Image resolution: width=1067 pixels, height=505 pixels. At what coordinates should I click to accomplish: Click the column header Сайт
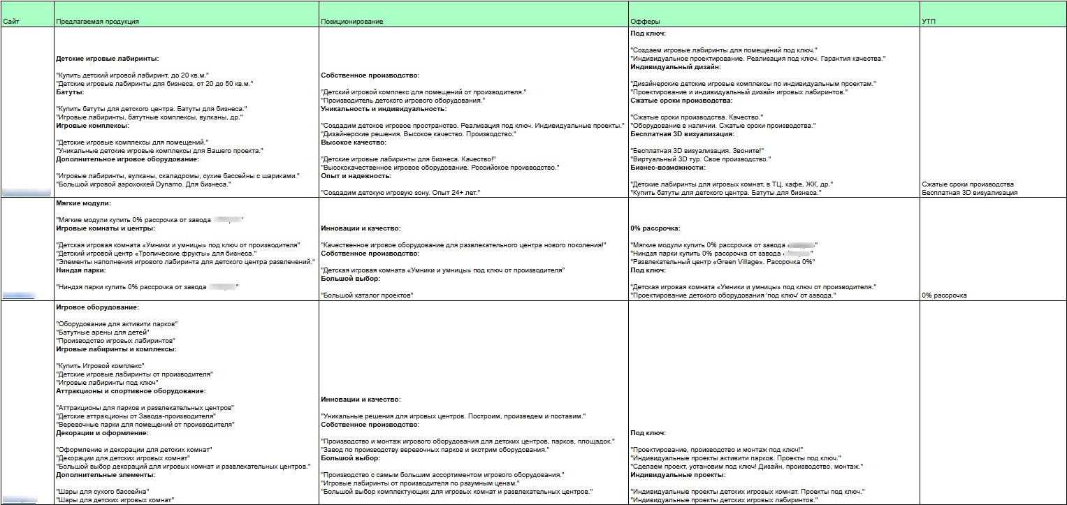10,22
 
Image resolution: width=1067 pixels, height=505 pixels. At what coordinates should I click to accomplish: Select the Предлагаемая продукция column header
97,22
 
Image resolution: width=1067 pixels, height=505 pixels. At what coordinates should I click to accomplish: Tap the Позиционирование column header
351,22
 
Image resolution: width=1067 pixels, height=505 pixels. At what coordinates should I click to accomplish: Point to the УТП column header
929,22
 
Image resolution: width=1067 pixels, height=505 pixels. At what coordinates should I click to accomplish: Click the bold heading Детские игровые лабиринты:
107,59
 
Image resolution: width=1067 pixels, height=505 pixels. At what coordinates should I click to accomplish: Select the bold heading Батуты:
70,92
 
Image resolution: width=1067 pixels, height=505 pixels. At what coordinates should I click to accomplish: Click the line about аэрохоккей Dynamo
143,184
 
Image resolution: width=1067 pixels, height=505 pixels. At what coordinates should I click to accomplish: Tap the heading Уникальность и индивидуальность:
383,109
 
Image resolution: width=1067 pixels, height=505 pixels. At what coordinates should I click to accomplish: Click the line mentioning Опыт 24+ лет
402,192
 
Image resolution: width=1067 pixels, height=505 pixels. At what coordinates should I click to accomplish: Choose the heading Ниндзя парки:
80,270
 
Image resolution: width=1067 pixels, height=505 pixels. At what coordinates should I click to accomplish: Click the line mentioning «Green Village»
723,262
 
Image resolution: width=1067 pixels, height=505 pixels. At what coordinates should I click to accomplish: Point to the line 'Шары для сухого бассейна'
102,492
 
